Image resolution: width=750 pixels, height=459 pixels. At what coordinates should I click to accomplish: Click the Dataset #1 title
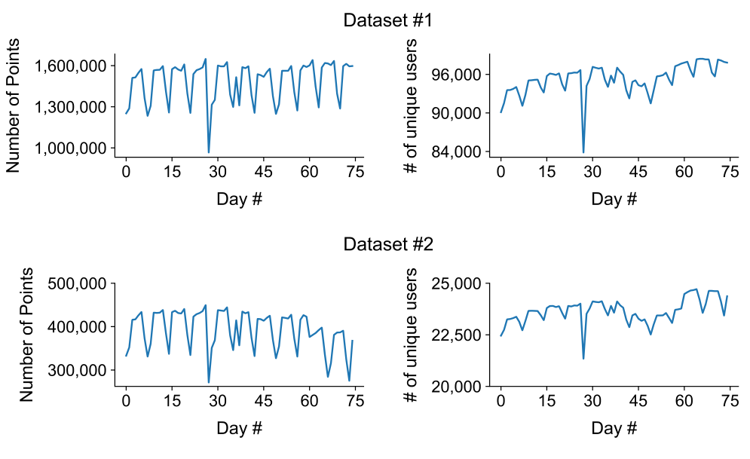[388, 20]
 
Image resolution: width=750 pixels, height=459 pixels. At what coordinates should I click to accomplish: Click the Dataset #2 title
[388, 244]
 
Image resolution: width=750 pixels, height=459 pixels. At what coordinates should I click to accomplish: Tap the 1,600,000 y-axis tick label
[70, 66]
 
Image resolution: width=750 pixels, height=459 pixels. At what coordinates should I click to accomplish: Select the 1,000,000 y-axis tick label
[70, 148]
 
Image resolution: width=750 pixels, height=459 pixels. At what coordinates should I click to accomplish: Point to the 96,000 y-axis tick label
[457, 75]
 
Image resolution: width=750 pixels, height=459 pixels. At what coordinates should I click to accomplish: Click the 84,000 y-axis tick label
[457, 151]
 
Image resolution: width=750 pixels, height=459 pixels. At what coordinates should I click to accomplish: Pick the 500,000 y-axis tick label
[77, 283]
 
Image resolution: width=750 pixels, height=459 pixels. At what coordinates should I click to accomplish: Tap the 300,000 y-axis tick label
[77, 370]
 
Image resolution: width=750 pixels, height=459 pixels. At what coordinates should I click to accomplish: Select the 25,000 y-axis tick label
[457, 283]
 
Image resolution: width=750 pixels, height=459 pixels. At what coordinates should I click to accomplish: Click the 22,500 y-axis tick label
[457, 335]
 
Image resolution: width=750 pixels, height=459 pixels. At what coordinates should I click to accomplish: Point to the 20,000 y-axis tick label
[457, 386]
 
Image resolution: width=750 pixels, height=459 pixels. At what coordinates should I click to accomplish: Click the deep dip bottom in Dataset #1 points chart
[209, 152]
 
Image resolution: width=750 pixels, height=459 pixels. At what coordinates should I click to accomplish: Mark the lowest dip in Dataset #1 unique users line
[583, 152]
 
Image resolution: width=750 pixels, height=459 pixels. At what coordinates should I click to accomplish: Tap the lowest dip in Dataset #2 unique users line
[583, 359]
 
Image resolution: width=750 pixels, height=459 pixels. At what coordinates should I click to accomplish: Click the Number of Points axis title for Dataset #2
[26, 335]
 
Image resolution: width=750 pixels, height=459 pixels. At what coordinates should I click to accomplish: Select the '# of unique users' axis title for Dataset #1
[410, 106]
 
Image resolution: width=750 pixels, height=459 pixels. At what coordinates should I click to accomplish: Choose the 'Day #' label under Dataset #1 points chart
[239, 199]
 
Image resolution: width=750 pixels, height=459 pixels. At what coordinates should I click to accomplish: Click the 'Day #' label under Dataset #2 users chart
[614, 428]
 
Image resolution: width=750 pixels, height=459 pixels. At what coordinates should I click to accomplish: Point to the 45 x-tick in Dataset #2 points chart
[264, 401]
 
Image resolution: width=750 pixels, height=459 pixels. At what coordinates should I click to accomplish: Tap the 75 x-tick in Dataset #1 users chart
[730, 172]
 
